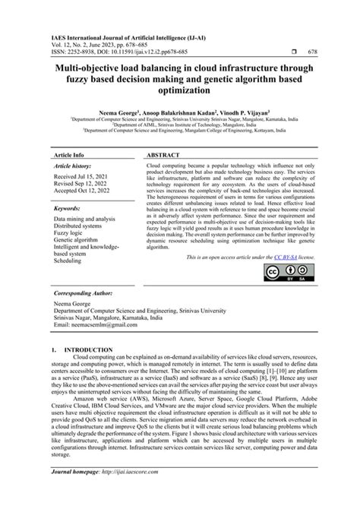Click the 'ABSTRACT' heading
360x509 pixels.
(x=162, y=154)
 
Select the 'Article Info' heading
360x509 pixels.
(x=69, y=154)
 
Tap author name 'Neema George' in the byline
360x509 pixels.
(x=118, y=112)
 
